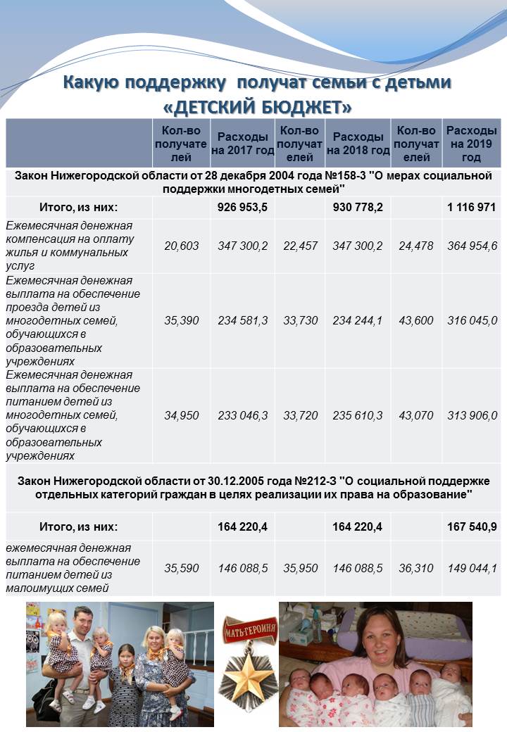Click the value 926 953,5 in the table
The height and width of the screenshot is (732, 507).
coord(242,207)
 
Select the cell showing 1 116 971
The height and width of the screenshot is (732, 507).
coord(472,207)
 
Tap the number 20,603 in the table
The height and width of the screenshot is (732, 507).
coord(181,246)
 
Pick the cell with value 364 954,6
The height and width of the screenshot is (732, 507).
coord(472,246)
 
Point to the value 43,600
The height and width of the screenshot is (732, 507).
coord(416,320)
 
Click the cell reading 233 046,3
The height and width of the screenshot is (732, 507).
coord(242,415)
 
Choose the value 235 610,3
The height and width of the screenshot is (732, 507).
coord(358,415)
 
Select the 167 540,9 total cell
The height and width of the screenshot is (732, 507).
coord(472,526)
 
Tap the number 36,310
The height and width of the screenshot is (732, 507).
coord(416,568)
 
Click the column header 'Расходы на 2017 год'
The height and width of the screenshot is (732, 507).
coord(242,144)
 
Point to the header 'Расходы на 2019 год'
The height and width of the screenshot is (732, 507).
coord(472,144)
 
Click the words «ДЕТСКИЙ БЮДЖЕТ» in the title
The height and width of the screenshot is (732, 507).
coord(257,108)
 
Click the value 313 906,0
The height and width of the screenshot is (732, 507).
coord(472,415)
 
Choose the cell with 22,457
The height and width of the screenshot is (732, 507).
coord(300,246)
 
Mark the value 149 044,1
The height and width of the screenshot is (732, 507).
coord(472,568)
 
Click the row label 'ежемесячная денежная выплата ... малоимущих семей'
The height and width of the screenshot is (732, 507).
coord(73,568)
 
